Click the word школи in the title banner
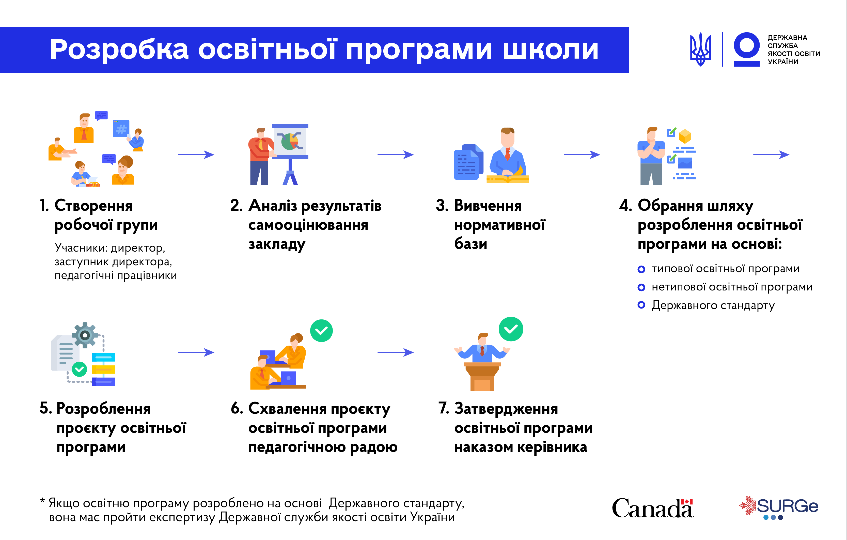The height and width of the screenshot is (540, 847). click(551, 50)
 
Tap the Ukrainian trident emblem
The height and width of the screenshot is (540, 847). click(700, 49)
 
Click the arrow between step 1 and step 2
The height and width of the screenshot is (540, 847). click(196, 155)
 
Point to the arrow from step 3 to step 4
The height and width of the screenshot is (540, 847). click(582, 155)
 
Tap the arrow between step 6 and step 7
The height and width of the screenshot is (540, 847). click(395, 352)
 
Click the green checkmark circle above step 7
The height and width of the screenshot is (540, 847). click(511, 329)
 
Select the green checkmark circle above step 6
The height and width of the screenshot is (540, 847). click(321, 331)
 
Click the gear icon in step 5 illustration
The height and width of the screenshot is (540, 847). click(85, 335)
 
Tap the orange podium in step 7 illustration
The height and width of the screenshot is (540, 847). click(482, 376)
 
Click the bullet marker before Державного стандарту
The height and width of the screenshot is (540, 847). click(641, 305)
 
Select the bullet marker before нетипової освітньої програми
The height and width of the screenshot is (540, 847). click(641, 287)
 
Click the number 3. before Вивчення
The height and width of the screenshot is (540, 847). click(442, 205)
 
